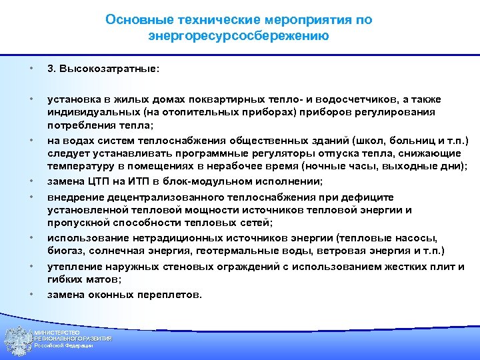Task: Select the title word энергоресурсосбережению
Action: coord(239,35)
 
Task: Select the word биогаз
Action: coord(63,251)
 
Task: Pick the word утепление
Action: coord(73,267)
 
